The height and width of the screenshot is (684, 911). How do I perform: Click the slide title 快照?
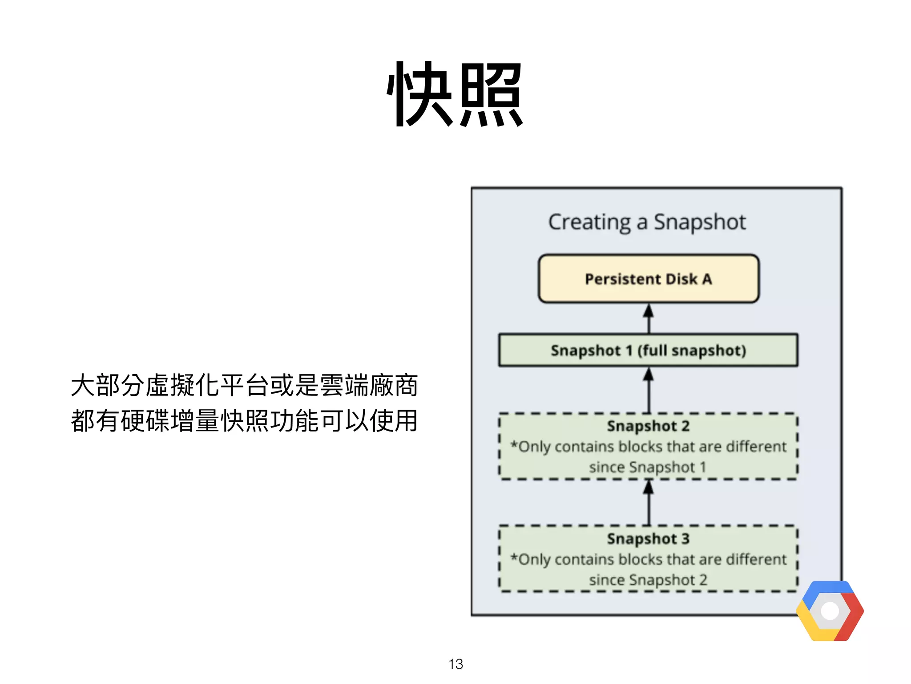pos(455,94)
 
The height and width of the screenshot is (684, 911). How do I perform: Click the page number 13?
pos(455,664)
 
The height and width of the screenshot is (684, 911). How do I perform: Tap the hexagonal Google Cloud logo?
pos(830,611)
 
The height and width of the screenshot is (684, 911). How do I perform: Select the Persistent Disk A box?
pos(648,279)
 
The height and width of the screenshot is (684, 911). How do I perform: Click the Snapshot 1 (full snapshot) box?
pos(648,350)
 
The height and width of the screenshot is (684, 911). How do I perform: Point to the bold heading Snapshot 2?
pos(648,426)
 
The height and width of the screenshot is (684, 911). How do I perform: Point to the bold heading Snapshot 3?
pos(648,538)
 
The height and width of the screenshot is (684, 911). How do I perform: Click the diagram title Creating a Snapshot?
pos(647,222)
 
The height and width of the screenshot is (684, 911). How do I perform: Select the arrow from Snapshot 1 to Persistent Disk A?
pos(649,319)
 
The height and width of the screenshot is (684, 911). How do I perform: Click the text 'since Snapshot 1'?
pos(647,467)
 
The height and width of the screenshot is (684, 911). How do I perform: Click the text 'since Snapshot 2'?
pos(648,580)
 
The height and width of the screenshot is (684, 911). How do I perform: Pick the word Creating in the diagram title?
pos(589,222)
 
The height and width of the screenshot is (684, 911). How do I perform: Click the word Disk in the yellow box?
pos(681,279)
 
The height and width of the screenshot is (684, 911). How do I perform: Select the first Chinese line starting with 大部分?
pos(244,385)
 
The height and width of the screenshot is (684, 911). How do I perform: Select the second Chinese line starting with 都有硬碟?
pos(244,421)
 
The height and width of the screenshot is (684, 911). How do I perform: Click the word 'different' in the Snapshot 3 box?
pos(756,559)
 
